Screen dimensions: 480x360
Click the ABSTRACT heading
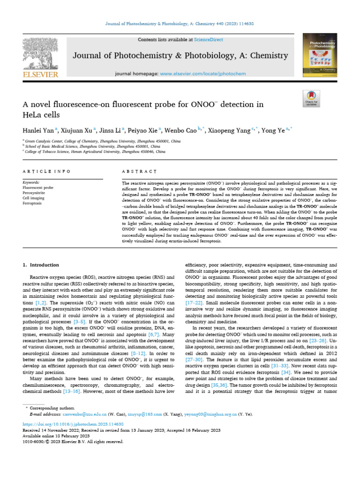pos(135,172)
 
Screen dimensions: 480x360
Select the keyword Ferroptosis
pos(32,203)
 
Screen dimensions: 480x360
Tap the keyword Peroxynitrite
pos(34,193)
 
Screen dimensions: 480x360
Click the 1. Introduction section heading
pos(41,265)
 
